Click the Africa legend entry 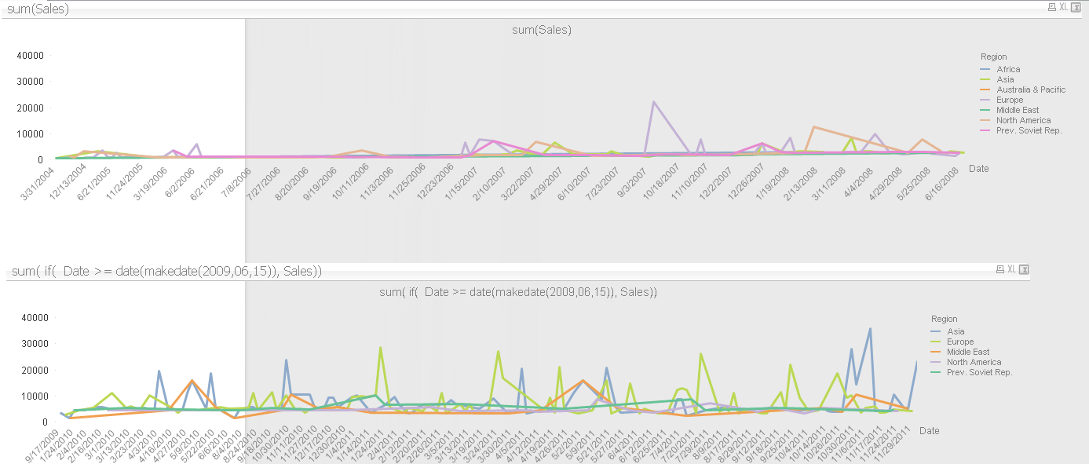pyautogui.click(x=1008, y=69)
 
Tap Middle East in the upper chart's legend pyautogui.click(x=1018, y=110)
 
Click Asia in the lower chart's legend pyautogui.click(x=956, y=331)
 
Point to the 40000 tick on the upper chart pyautogui.click(x=31, y=56)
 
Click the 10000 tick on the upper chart pyautogui.click(x=31, y=133)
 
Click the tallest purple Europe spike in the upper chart pyautogui.click(x=652, y=102)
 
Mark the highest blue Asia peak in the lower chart pyautogui.click(x=870, y=329)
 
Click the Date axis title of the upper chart pyautogui.click(x=978, y=168)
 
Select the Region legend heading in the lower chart pyautogui.click(x=944, y=319)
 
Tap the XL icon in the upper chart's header pyautogui.click(x=1063, y=7)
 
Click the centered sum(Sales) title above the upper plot pyautogui.click(x=541, y=30)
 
